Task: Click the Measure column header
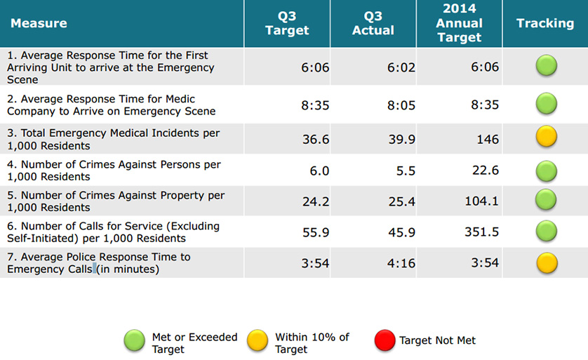coord(39,23)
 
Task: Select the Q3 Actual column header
coord(373,23)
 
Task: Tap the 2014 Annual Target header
coord(459,23)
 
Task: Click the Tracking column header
coord(545,23)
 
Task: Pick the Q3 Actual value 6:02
coord(401,67)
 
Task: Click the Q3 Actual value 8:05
coord(401,105)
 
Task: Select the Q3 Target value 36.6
coord(316,140)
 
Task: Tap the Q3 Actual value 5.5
coord(406,171)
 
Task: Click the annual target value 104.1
coord(481,201)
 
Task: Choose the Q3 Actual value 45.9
coord(401,232)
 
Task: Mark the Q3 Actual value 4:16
coord(401,262)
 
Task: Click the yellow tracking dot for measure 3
coord(547,137)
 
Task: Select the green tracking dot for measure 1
coord(547,67)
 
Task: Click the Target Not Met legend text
coord(437,340)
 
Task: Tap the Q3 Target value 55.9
coord(316,232)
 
